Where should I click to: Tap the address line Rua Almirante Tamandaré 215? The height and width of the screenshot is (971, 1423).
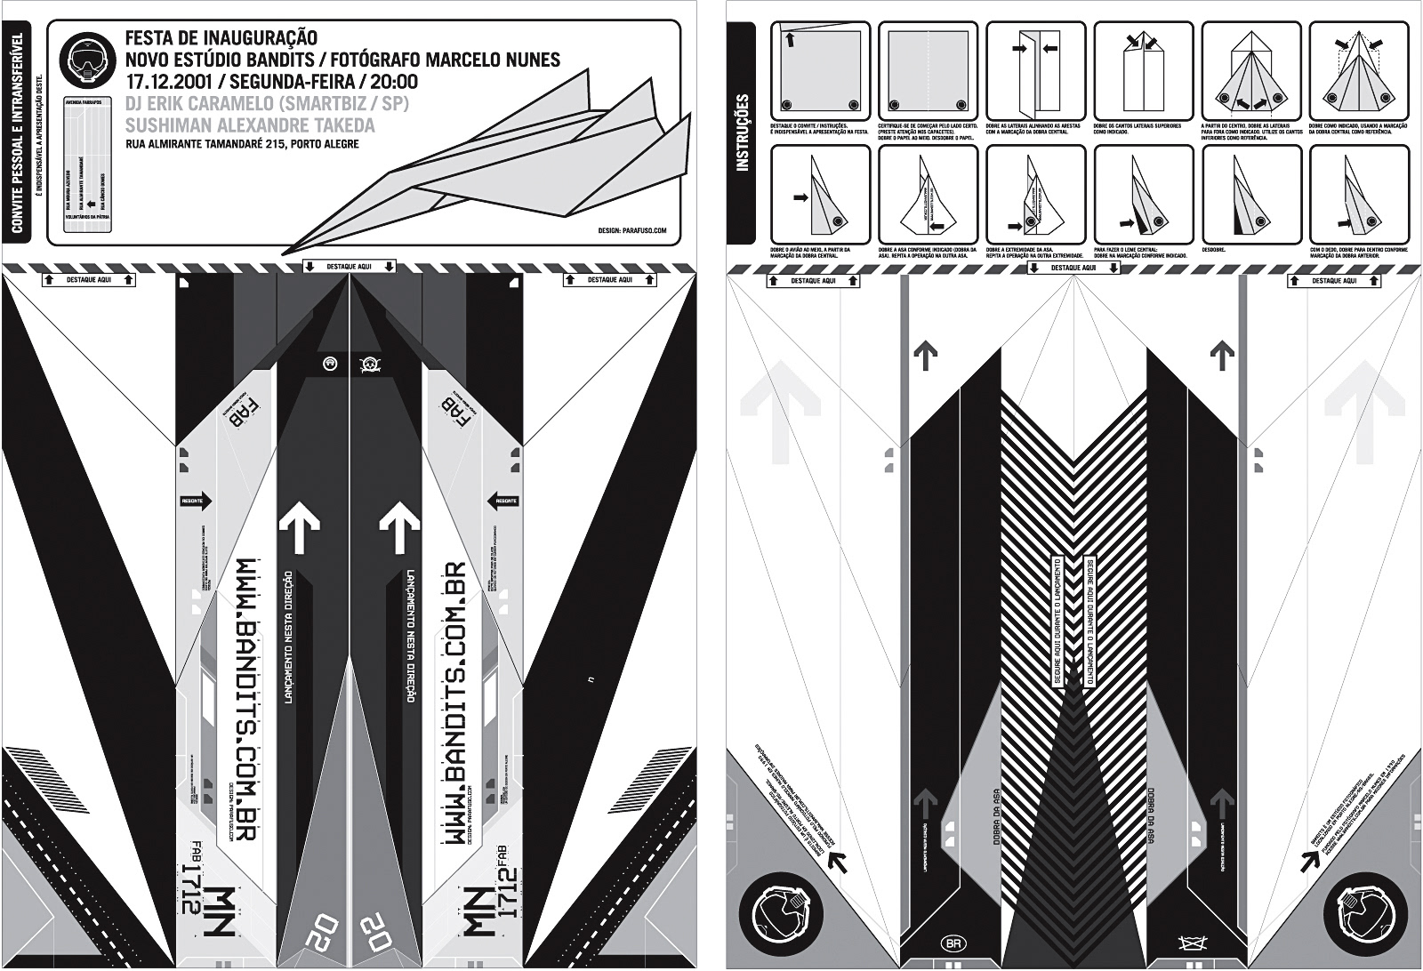[242, 144]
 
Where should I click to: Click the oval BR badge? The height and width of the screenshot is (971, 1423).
[952, 941]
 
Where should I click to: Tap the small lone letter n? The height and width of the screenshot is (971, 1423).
[591, 680]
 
